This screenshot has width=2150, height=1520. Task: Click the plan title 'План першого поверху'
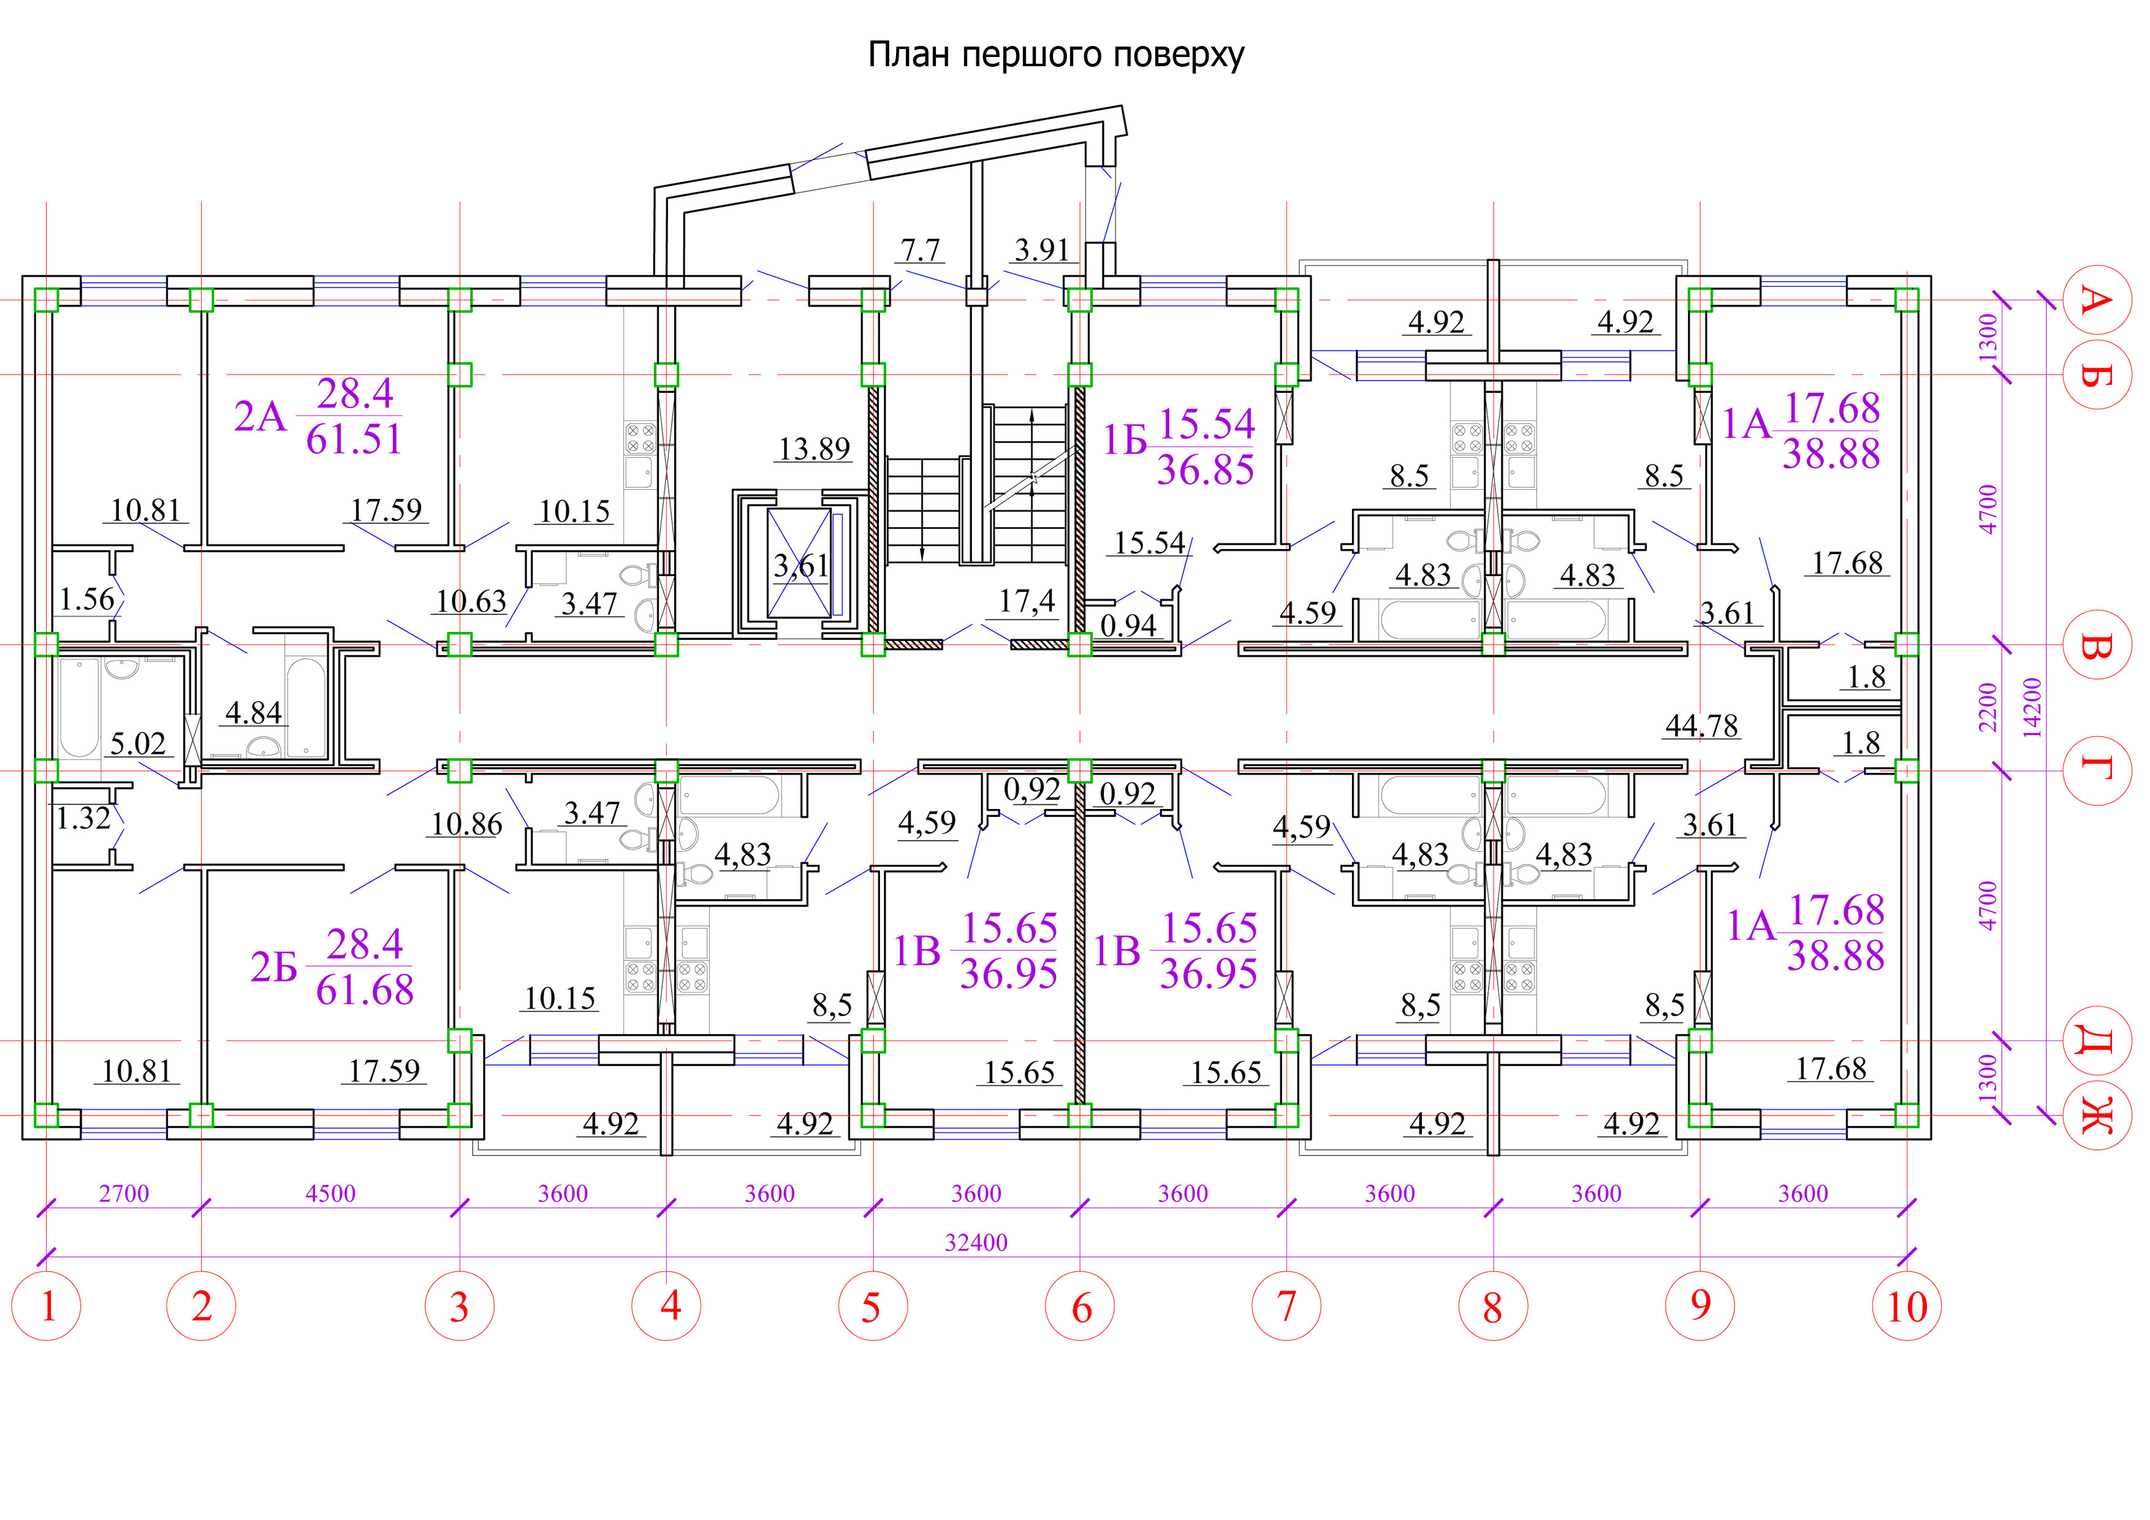coord(1055,55)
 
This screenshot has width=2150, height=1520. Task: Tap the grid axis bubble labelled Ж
coord(2097,1114)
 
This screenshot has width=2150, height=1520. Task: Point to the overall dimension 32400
coord(976,1243)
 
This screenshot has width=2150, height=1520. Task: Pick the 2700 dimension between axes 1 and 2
coord(124,1194)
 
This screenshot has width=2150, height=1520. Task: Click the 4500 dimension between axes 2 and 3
coord(330,1194)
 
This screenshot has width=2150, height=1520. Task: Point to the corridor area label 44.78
coord(1701,726)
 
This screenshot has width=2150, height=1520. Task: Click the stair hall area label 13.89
coord(815,449)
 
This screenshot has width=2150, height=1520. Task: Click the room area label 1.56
coord(87,599)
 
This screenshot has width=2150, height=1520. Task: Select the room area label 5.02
coord(138,743)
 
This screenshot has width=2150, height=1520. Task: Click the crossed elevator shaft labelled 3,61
coord(800,564)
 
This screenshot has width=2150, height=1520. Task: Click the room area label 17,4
coord(1027,601)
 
